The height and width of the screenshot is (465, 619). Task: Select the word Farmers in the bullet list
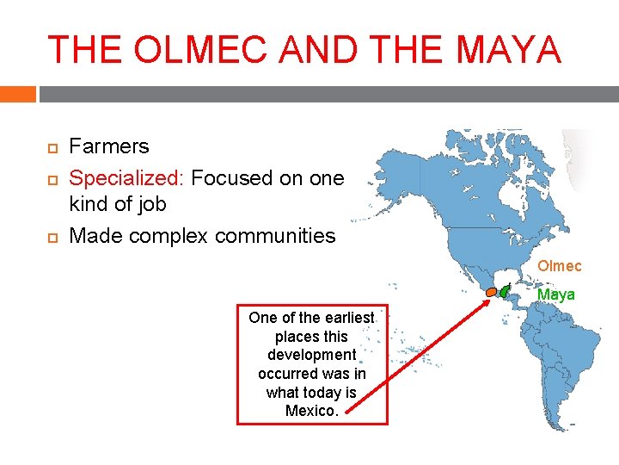tap(108, 146)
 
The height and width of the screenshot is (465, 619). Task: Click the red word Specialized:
tap(126, 178)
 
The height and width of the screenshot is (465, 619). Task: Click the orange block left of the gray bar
tap(17, 94)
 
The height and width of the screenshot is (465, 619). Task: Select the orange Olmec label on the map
tap(559, 266)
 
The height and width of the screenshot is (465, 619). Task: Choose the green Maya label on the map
tap(555, 294)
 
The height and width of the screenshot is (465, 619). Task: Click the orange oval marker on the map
tap(490, 292)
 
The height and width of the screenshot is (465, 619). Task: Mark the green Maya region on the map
tap(504, 293)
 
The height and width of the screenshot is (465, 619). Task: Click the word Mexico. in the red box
tap(311, 411)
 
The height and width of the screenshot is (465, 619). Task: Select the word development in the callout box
tap(311, 355)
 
